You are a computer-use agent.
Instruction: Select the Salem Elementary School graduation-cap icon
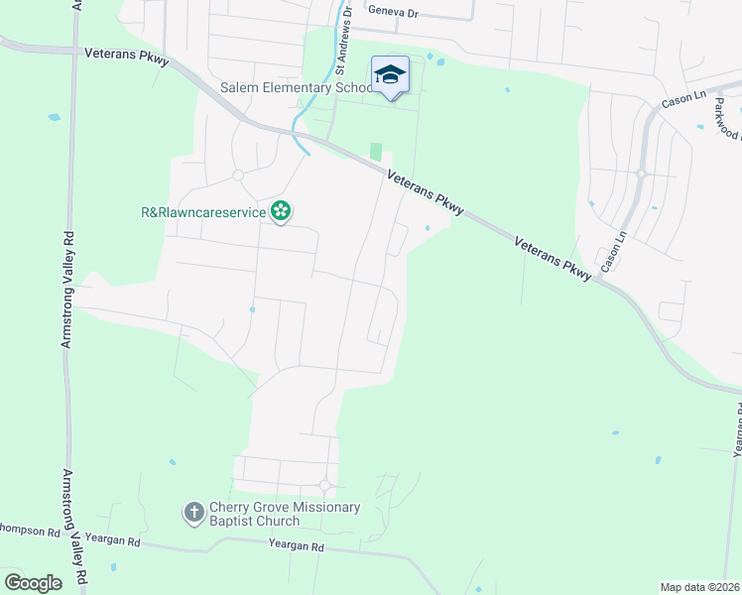390,74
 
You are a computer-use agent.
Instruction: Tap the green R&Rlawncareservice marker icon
282,210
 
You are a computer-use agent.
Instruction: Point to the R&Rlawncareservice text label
203,211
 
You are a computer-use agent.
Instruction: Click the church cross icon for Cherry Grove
194,513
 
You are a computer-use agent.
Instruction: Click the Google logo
33,582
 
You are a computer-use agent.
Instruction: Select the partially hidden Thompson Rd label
30,532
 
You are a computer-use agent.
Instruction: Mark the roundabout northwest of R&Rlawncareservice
238,176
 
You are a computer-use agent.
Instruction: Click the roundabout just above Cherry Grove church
325,485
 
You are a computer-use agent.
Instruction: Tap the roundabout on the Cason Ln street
641,174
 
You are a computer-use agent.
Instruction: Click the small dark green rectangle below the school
375,152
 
